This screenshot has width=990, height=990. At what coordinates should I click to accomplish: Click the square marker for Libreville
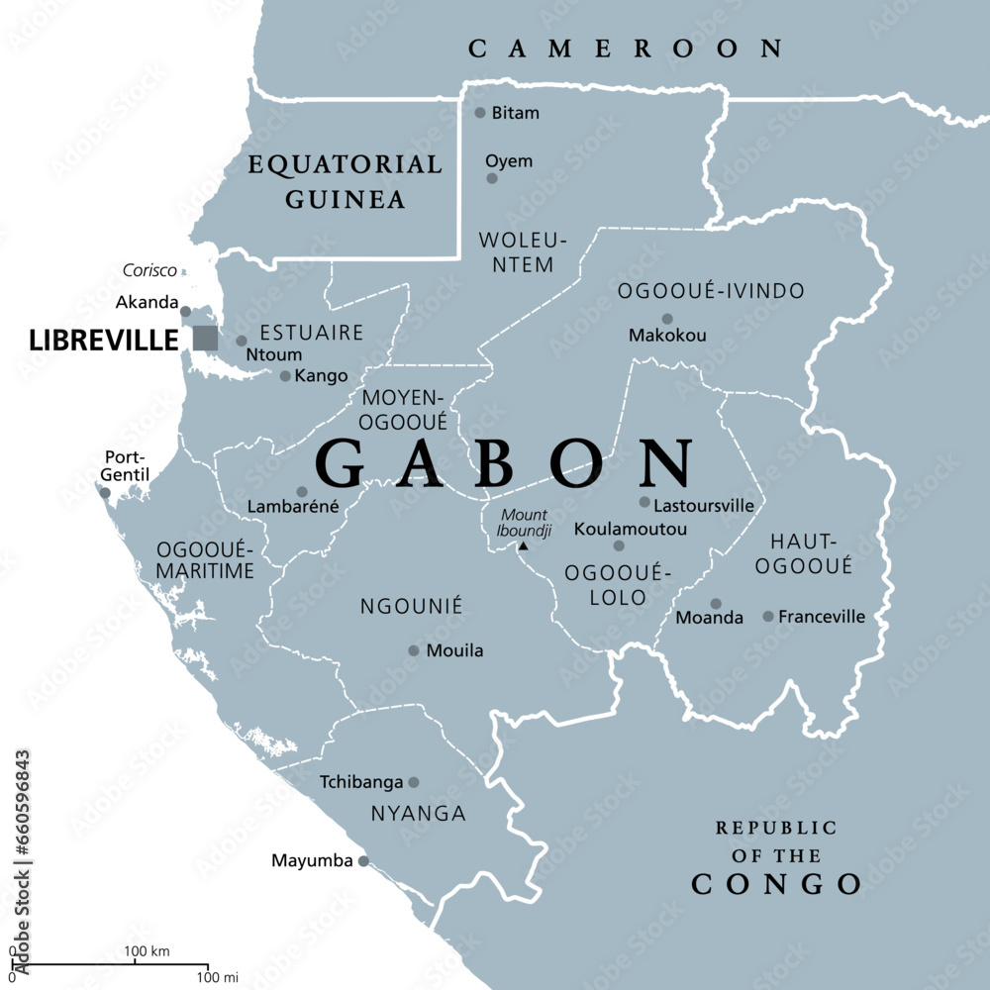205,338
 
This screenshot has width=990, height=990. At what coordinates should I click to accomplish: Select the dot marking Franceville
768,616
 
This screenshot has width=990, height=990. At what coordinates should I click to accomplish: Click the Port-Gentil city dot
105,492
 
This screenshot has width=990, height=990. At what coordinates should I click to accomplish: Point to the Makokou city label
667,336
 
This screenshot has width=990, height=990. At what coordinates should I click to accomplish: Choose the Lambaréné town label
293,507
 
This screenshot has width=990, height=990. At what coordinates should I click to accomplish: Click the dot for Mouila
414,650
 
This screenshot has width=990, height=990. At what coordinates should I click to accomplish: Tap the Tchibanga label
361,782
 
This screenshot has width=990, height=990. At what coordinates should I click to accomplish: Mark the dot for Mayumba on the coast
363,861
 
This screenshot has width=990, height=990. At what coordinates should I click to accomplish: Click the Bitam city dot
480,113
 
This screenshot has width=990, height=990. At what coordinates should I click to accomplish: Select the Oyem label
508,161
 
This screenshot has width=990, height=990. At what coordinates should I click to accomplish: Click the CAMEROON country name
626,48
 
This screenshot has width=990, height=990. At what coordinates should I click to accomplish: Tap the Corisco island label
149,269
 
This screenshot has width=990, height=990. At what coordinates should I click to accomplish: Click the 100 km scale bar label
147,951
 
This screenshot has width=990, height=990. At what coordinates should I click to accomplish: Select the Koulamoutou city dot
619,545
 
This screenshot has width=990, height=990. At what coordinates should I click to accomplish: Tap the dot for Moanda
716,603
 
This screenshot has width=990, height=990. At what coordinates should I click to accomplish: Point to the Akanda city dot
185,311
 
